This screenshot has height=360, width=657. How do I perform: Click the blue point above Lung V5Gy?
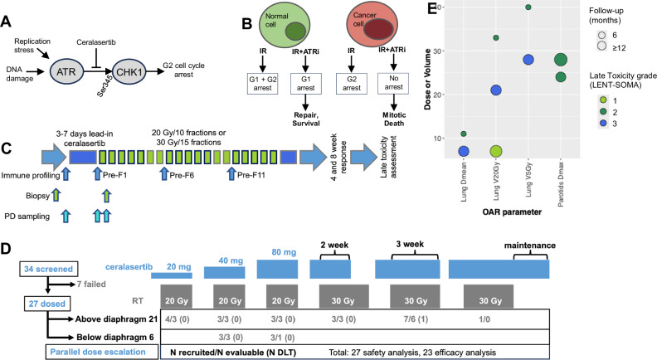click(x=528, y=60)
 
